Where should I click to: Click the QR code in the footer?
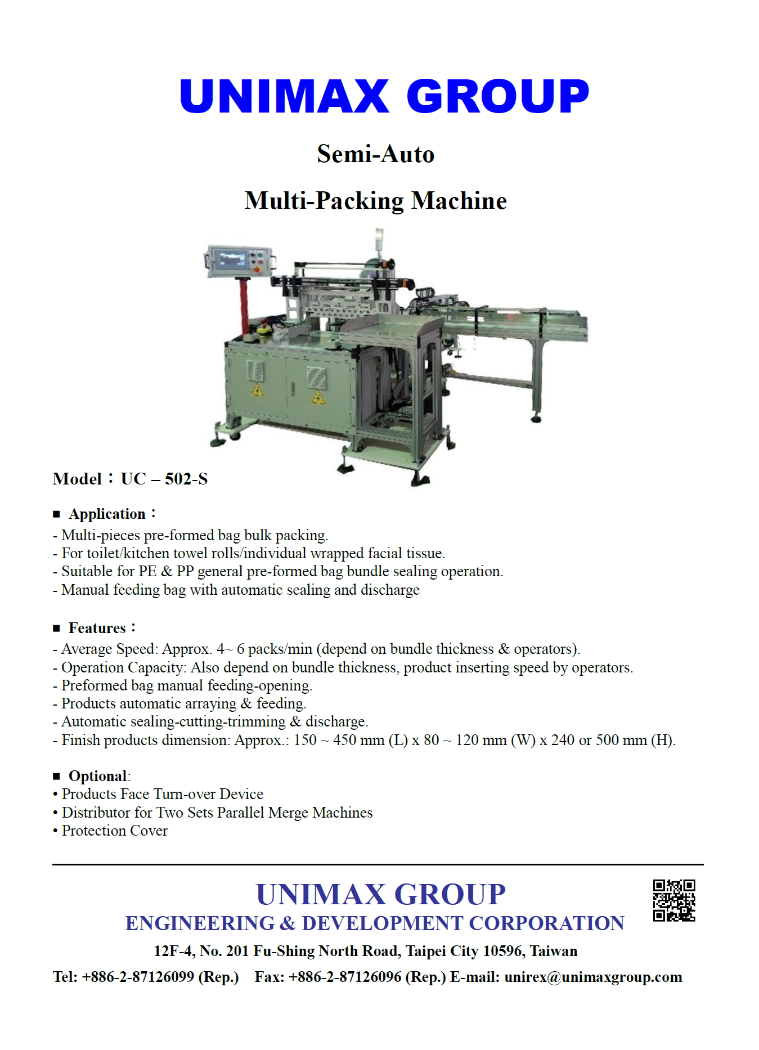click(x=673, y=900)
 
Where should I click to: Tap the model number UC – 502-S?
click(x=164, y=479)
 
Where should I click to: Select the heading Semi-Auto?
click(x=375, y=154)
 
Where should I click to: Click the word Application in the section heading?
click(x=107, y=514)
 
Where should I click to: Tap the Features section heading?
click(x=97, y=628)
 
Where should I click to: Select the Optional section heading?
click(x=97, y=776)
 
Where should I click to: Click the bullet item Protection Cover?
click(x=114, y=831)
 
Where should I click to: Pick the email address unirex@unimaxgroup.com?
click(x=593, y=977)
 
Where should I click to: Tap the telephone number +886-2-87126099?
click(x=138, y=977)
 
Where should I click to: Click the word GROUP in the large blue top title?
click(x=497, y=96)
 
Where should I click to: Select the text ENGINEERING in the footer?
click(x=200, y=923)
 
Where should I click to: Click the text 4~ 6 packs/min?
click(x=264, y=649)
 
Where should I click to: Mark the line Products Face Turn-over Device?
click(x=162, y=794)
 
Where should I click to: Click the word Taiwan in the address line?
click(x=554, y=951)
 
